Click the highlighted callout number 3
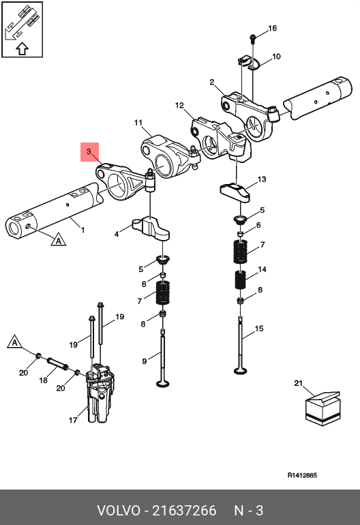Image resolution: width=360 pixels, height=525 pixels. pos(89,151)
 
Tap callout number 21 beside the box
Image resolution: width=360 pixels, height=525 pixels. pos(299,383)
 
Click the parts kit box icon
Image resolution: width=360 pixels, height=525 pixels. pos(322,408)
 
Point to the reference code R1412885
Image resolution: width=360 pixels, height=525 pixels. pos(302,475)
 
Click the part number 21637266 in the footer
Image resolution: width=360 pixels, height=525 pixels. pos(185,511)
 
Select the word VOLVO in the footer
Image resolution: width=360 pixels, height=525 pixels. pos(119,511)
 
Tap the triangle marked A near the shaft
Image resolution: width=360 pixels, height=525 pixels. pos(58,240)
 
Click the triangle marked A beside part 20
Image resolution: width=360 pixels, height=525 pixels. pos(14,342)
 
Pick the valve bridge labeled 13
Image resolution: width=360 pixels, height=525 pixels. pos(235,193)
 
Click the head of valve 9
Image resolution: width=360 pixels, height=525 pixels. pos(163,382)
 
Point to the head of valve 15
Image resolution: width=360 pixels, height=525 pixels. pos(240,370)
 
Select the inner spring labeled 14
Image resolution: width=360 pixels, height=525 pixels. pos(240,280)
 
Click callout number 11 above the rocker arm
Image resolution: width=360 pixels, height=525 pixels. pos(138,123)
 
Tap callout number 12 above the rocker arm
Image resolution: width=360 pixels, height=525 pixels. pos(179,106)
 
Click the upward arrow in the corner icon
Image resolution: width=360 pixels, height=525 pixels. pos(22,49)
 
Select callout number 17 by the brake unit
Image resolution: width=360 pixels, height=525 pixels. pos(73,420)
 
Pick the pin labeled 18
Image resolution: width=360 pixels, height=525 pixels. pos(57,364)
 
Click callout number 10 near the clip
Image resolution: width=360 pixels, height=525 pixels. pos(276,57)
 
